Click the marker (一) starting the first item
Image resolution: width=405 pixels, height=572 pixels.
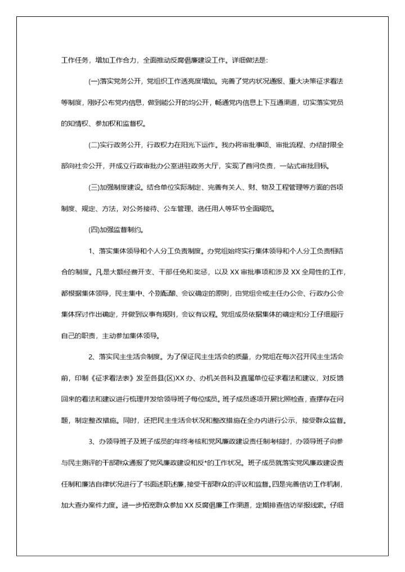[94, 81]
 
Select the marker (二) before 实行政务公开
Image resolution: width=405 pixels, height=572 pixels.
[94, 145]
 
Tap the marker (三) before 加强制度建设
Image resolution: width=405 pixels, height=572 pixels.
[94, 187]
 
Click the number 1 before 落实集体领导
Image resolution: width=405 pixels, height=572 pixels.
[91, 251]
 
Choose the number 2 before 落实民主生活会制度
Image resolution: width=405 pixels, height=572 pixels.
[91, 357]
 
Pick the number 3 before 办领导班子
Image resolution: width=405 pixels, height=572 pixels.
[91, 441]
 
